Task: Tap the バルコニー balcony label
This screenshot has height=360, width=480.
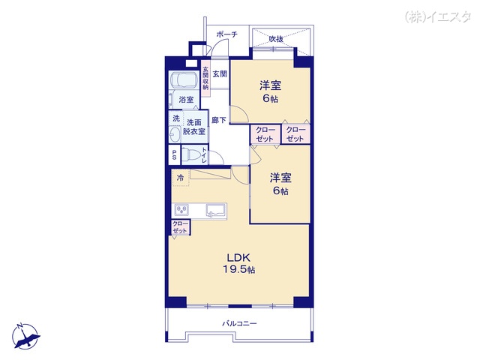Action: [239, 323]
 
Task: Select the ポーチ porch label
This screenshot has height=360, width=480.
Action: [226, 34]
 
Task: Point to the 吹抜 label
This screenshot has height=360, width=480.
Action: [276, 39]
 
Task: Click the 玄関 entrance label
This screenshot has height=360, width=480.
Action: [219, 73]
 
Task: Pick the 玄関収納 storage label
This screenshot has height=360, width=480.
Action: [205, 78]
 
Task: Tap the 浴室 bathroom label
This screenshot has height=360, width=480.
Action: [185, 99]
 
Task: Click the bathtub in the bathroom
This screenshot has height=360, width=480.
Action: [184, 81]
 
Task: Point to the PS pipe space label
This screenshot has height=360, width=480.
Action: [174, 155]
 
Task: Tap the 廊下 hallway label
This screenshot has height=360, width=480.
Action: [218, 120]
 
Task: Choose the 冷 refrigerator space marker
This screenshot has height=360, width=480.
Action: [180, 178]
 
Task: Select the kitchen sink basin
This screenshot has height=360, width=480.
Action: [214, 210]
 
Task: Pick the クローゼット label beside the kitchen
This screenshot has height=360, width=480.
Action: [181, 226]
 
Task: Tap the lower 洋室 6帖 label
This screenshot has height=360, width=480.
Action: [280, 183]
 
